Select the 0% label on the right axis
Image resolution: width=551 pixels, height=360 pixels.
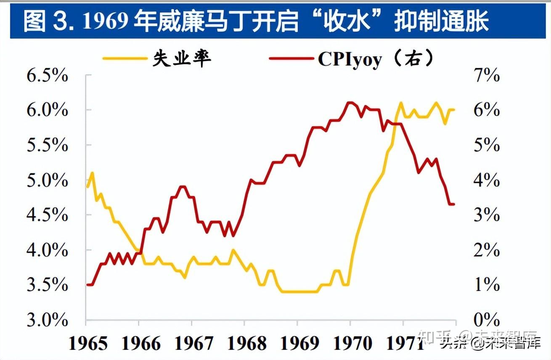point(486,320)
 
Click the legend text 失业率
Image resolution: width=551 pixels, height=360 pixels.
point(182,59)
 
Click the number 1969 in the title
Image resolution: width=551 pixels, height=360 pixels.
point(106,21)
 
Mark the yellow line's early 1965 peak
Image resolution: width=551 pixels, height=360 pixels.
point(92,172)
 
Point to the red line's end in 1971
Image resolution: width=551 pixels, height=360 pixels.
point(453,204)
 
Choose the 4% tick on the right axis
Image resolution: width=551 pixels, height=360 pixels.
point(486,181)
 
